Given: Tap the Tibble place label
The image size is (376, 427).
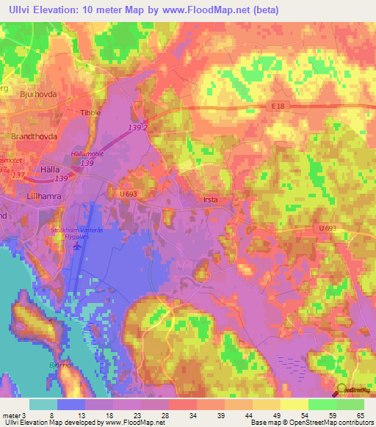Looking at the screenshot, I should [x=91, y=113].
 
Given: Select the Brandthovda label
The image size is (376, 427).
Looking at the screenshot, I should [x=34, y=136].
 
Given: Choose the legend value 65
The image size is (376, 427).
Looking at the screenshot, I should [x=361, y=415].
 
